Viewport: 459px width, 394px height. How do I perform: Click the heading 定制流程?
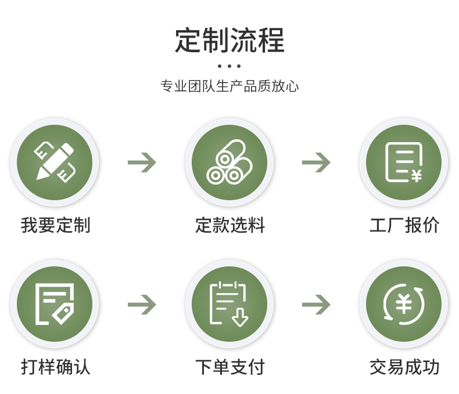pos(229,41)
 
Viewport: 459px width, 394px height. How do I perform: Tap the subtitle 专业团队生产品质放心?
pos(229,86)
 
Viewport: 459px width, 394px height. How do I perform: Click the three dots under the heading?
pos(229,66)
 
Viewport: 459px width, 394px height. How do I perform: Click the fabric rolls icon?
pos(229,162)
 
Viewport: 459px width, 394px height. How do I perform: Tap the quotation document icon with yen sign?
pos(404,162)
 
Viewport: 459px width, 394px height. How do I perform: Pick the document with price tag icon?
pos(55,303)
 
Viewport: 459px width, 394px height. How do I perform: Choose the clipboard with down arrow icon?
pos(229,303)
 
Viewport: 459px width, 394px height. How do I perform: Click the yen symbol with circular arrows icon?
pos(404,303)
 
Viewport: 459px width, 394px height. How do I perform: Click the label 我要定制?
pos(56,225)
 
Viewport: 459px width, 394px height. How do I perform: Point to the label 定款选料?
pos(230,225)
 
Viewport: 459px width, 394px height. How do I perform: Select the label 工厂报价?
pos(404,225)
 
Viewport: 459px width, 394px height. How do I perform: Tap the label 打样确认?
pos(56,367)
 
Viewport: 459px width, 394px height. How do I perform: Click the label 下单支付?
pos(230,367)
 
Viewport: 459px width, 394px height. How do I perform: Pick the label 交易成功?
pos(404,367)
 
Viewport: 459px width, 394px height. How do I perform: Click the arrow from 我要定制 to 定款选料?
pos(142,162)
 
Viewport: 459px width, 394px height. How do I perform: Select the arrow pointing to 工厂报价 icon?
pos(317,162)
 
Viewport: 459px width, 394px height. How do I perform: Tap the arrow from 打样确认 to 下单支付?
pos(142,304)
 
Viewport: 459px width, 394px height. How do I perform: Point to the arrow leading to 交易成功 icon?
pos(317,304)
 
